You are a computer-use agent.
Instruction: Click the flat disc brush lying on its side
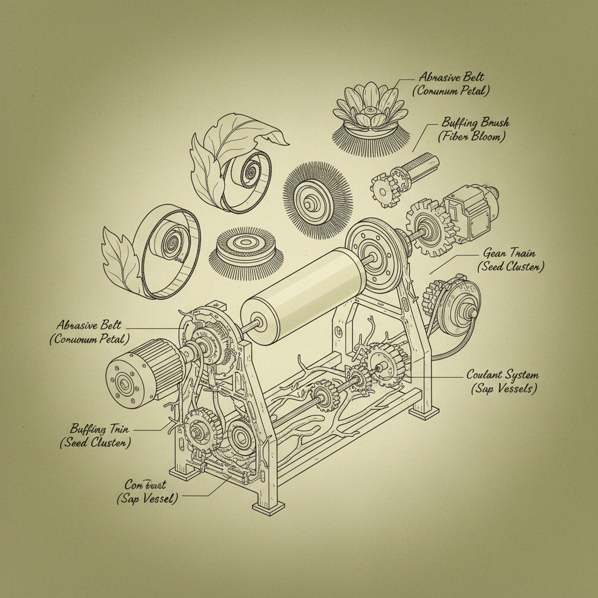[246, 249]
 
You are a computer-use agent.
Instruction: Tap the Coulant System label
[502, 374]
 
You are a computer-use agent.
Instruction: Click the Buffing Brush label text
[475, 123]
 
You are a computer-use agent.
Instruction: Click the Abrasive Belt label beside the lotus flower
[451, 78]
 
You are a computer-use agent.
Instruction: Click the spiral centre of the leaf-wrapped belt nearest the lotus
[252, 173]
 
